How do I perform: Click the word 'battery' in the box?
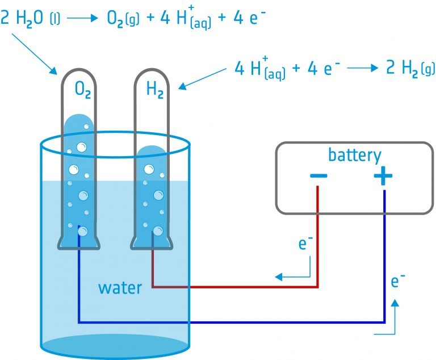tap(354, 155)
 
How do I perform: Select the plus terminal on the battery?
tap(383, 177)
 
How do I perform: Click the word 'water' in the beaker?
tap(120, 287)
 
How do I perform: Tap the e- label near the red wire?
tap(306, 245)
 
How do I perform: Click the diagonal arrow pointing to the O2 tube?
tap(35, 55)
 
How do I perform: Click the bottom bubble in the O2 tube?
tap(82, 231)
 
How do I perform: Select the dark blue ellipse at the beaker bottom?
tap(114, 346)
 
